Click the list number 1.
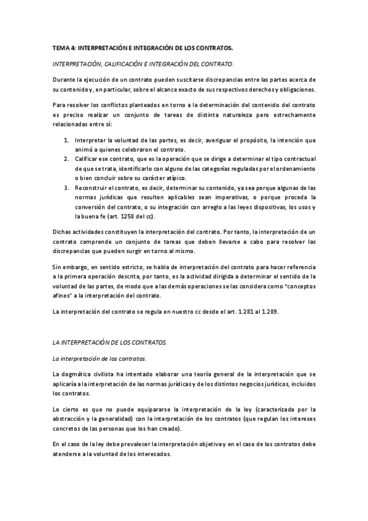[66, 140]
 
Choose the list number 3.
[66, 187]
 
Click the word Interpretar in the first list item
[90, 140]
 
